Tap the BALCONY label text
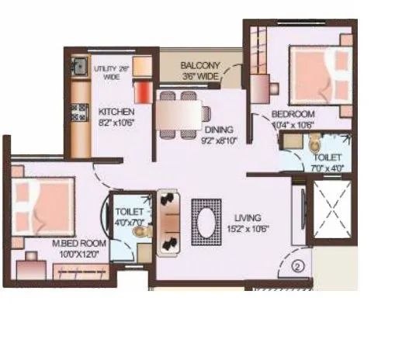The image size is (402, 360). tap(200, 65)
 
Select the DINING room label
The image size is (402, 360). tap(218, 129)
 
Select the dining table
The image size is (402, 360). tap(177, 115)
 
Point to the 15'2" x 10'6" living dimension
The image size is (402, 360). tap(250, 229)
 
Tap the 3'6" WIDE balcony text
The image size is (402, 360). tap(200, 77)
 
